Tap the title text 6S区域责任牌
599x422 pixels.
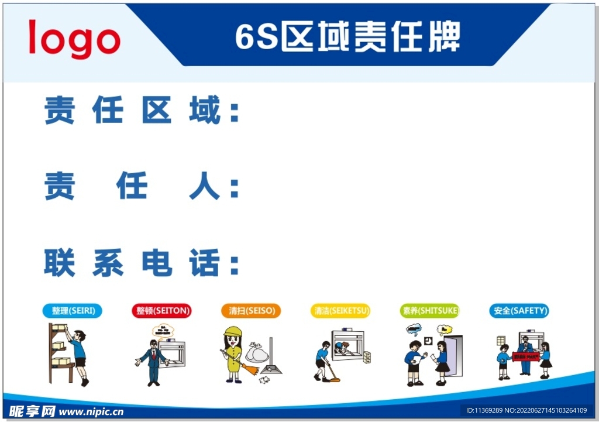click(347, 36)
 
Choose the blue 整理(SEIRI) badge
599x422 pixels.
click(73, 311)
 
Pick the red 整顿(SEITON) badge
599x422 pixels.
click(161, 311)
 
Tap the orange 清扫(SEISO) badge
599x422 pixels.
click(251, 311)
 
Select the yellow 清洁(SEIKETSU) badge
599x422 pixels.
click(340, 311)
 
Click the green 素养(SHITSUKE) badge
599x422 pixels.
click(430, 311)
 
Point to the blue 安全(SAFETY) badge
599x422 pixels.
click(519, 311)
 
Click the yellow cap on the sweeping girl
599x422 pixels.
click(233, 331)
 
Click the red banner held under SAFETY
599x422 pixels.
click(525, 355)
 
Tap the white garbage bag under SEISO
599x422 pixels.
click(256, 353)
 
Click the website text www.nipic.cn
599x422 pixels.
click(91, 411)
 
